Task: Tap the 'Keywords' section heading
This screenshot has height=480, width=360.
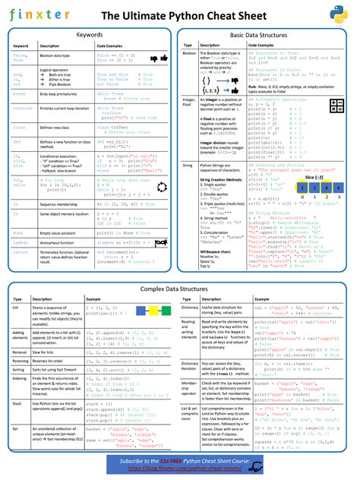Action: point(90,35)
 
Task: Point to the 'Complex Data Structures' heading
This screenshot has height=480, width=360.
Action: point(179,290)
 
